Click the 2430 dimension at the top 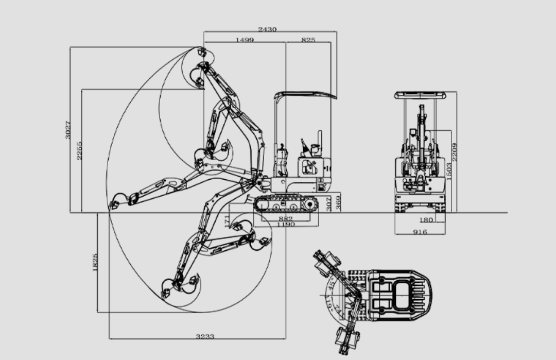(267, 29)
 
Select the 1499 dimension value (245, 40)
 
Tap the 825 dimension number (308, 40)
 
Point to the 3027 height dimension (68, 129)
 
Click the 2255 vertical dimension (79, 150)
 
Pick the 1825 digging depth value (95, 262)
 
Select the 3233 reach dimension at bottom (205, 336)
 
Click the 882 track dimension (285, 219)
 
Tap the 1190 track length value (286, 225)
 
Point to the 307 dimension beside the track (329, 204)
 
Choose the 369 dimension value (338, 202)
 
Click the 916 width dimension (420, 232)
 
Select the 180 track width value (426, 220)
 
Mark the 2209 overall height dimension (455, 151)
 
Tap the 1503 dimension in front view (448, 171)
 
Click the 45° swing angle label (332, 282)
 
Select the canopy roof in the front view (421, 95)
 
